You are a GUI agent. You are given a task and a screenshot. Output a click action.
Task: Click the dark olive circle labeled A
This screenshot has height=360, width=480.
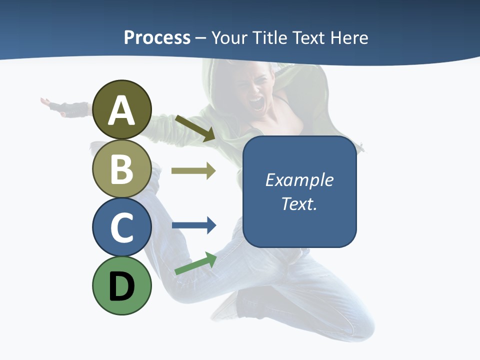(121, 109)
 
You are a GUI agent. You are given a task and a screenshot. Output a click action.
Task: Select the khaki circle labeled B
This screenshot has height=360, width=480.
(121, 168)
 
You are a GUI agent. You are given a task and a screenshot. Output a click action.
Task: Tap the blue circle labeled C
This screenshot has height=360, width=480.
(121, 227)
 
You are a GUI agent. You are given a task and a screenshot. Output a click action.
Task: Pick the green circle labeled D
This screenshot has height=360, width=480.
(121, 285)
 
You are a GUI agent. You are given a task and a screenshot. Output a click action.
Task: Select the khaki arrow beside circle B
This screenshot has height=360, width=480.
(193, 171)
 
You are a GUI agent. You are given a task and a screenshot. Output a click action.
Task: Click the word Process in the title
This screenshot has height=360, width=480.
(157, 37)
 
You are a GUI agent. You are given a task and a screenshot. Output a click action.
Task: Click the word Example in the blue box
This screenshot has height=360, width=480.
(299, 180)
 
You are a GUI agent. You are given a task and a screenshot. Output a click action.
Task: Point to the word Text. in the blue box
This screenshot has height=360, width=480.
(299, 203)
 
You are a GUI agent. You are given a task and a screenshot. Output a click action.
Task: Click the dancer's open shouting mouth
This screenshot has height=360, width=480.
(256, 103)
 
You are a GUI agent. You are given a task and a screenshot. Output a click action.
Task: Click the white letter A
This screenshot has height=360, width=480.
(121, 110)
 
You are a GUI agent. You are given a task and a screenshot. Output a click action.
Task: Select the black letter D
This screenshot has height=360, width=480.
(121, 286)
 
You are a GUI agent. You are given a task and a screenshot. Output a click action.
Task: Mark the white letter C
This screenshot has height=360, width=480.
(121, 227)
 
